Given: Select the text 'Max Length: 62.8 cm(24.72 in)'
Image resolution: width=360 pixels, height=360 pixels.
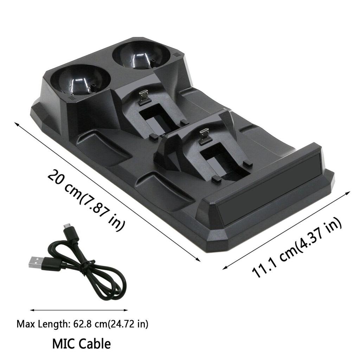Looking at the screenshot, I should coord(82,323).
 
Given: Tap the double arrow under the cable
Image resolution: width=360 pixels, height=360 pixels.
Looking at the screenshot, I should coord(79,310).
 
